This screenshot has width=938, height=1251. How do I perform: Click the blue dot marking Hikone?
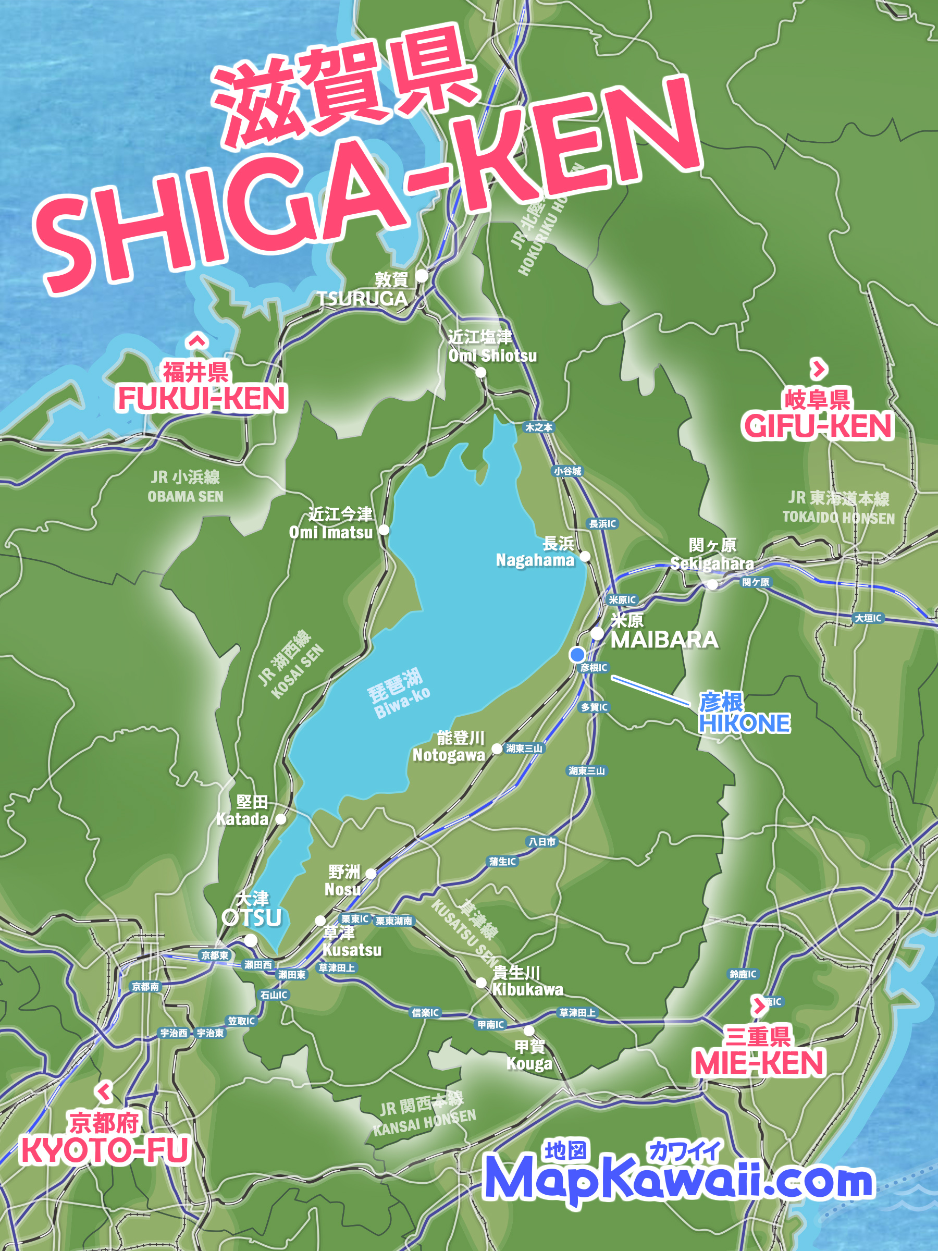click(577, 655)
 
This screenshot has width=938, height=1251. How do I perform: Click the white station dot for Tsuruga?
click(422, 276)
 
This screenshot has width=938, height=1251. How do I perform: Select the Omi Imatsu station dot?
click(384, 530)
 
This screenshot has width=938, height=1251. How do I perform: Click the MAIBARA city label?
click(664, 640)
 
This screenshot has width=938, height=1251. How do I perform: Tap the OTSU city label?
click(252, 917)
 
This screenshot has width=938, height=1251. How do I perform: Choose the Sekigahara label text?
click(712, 563)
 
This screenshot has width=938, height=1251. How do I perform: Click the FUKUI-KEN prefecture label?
click(202, 399)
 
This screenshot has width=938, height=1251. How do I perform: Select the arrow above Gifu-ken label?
click(819, 369)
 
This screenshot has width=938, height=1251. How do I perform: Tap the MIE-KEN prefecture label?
click(759, 1063)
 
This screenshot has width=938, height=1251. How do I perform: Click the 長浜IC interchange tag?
click(602, 524)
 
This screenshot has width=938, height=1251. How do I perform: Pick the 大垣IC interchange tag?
click(868, 618)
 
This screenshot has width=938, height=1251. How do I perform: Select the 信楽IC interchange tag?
click(425, 1012)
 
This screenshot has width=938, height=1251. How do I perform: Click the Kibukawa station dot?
click(481, 983)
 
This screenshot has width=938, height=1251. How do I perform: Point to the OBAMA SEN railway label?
click(186, 497)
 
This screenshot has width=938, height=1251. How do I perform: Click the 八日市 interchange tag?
click(541, 841)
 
